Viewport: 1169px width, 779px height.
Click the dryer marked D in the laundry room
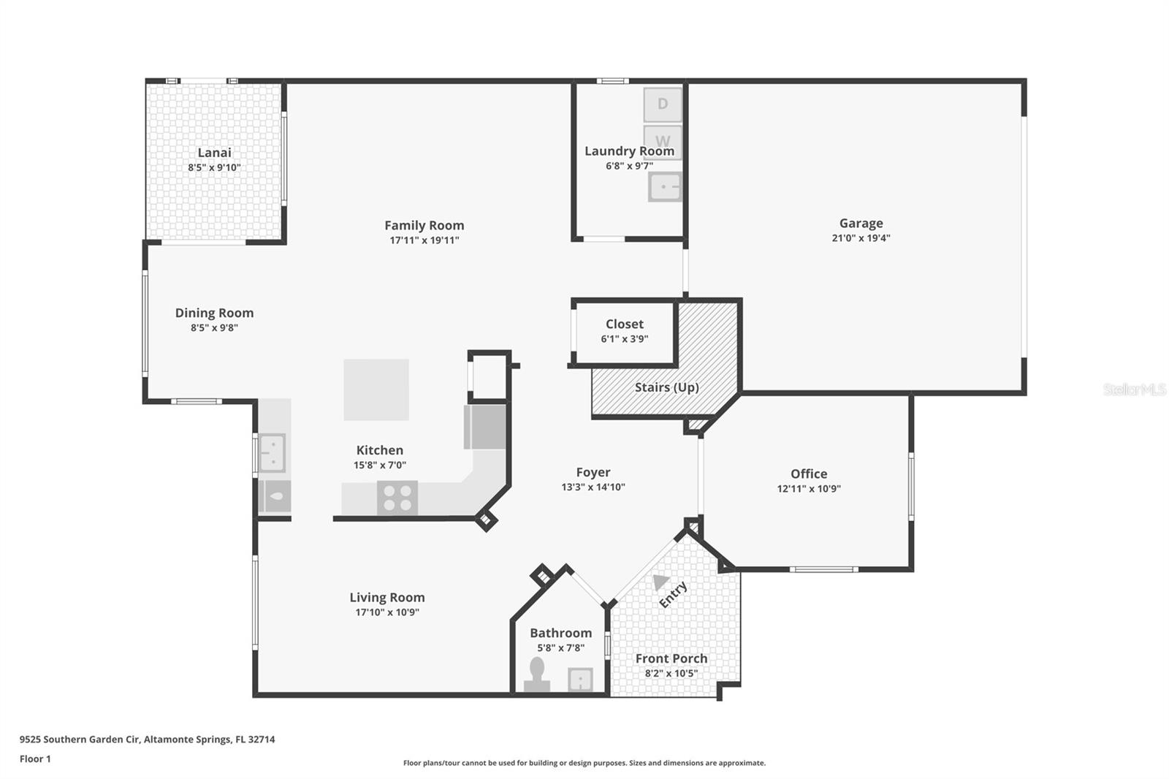tap(662, 104)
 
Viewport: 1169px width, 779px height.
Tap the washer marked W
tap(662, 140)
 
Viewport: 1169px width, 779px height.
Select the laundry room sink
tap(664, 187)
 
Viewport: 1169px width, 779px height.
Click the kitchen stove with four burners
tap(397, 498)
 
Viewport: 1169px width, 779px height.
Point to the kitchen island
tap(376, 389)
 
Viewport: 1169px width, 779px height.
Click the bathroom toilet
tap(537, 675)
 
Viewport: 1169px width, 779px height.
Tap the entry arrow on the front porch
tap(660, 582)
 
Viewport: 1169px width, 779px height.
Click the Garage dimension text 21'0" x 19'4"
tap(861, 237)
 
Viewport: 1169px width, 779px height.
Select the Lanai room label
tap(214, 152)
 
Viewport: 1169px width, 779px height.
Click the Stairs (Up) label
tap(666, 387)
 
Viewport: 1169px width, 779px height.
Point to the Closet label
tap(624, 324)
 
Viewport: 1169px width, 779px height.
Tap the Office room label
tap(808, 474)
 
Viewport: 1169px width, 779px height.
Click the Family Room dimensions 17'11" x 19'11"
tap(424, 240)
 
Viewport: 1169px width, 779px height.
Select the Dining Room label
tap(214, 313)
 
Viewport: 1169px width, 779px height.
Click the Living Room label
tap(387, 597)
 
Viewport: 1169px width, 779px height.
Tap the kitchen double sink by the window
tap(272, 452)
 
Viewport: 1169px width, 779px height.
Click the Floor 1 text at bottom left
tap(35, 759)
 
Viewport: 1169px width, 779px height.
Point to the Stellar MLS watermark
tap(1135, 389)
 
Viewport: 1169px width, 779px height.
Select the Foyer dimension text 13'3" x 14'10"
tap(593, 487)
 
